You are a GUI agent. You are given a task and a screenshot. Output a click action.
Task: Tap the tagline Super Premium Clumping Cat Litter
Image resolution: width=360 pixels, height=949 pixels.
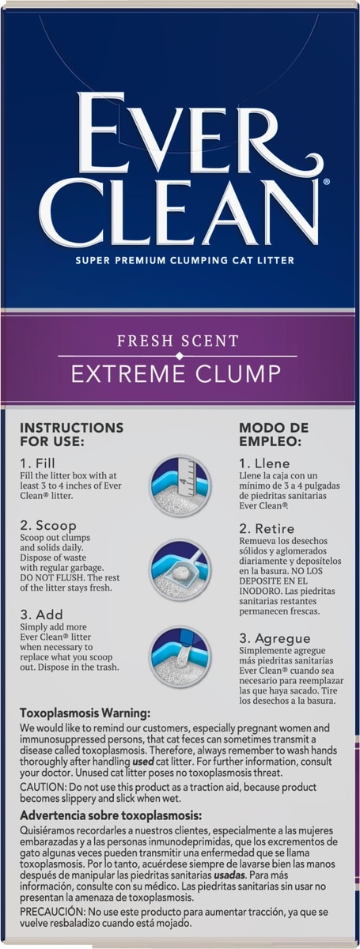click(x=185, y=260)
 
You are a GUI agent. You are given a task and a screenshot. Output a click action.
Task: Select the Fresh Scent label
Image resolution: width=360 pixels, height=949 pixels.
click(x=178, y=341)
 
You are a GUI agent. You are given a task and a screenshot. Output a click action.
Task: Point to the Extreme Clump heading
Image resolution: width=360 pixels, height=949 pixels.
click(x=176, y=374)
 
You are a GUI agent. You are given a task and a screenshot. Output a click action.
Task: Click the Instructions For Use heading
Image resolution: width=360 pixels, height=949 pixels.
click(x=72, y=434)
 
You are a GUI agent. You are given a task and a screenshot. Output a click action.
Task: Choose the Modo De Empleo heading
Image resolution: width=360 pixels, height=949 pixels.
click(x=274, y=434)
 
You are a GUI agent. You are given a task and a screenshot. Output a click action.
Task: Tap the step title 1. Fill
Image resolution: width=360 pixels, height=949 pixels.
click(x=38, y=463)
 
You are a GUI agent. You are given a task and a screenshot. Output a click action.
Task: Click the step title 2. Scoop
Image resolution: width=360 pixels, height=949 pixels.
click(x=48, y=526)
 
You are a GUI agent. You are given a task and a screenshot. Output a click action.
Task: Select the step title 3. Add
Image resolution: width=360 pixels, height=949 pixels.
click(x=42, y=614)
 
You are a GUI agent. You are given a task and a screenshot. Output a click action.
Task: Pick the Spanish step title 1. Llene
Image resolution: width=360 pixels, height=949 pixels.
click(x=264, y=463)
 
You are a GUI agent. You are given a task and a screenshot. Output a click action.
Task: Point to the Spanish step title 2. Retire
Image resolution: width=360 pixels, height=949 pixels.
click(x=267, y=529)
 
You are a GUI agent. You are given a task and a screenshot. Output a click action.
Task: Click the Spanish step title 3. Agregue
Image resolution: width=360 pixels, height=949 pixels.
click(x=275, y=638)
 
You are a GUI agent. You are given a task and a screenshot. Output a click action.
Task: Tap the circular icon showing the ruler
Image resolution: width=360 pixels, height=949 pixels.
click(x=180, y=485)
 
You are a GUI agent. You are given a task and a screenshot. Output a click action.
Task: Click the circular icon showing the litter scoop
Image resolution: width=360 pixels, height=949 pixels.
click(x=180, y=570)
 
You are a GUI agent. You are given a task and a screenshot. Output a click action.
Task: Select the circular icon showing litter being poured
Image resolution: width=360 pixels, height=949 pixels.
click(x=180, y=657)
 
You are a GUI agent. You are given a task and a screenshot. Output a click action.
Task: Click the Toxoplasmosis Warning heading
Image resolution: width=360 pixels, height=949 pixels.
click(x=85, y=713)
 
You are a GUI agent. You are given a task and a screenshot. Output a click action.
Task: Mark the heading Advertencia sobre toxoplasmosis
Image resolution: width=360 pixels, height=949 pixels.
click(x=111, y=815)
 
